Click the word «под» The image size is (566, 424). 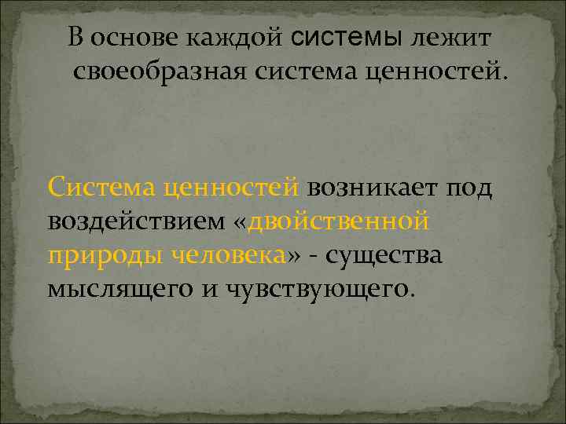(x=469, y=188)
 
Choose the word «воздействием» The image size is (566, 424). (x=136, y=221)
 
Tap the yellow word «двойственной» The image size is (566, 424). (x=338, y=221)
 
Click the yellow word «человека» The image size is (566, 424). (x=225, y=255)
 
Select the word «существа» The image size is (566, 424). (x=385, y=255)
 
